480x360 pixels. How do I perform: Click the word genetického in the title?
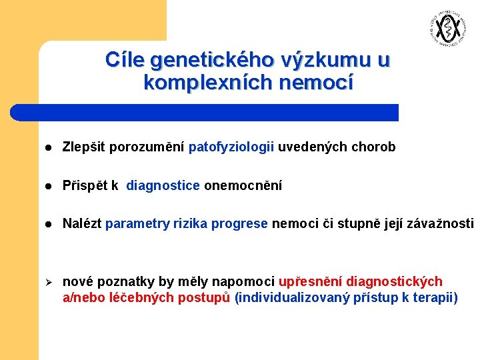pos(212,61)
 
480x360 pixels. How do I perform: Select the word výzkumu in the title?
pos(327,61)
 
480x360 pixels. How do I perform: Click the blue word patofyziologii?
pos(231,147)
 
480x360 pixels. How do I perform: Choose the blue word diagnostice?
pos(163,185)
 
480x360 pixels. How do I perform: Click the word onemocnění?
pos(243,185)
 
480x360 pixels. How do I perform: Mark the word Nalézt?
pos(82,224)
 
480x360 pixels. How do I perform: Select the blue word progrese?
pos(239,224)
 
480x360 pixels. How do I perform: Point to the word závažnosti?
pos(443,224)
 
